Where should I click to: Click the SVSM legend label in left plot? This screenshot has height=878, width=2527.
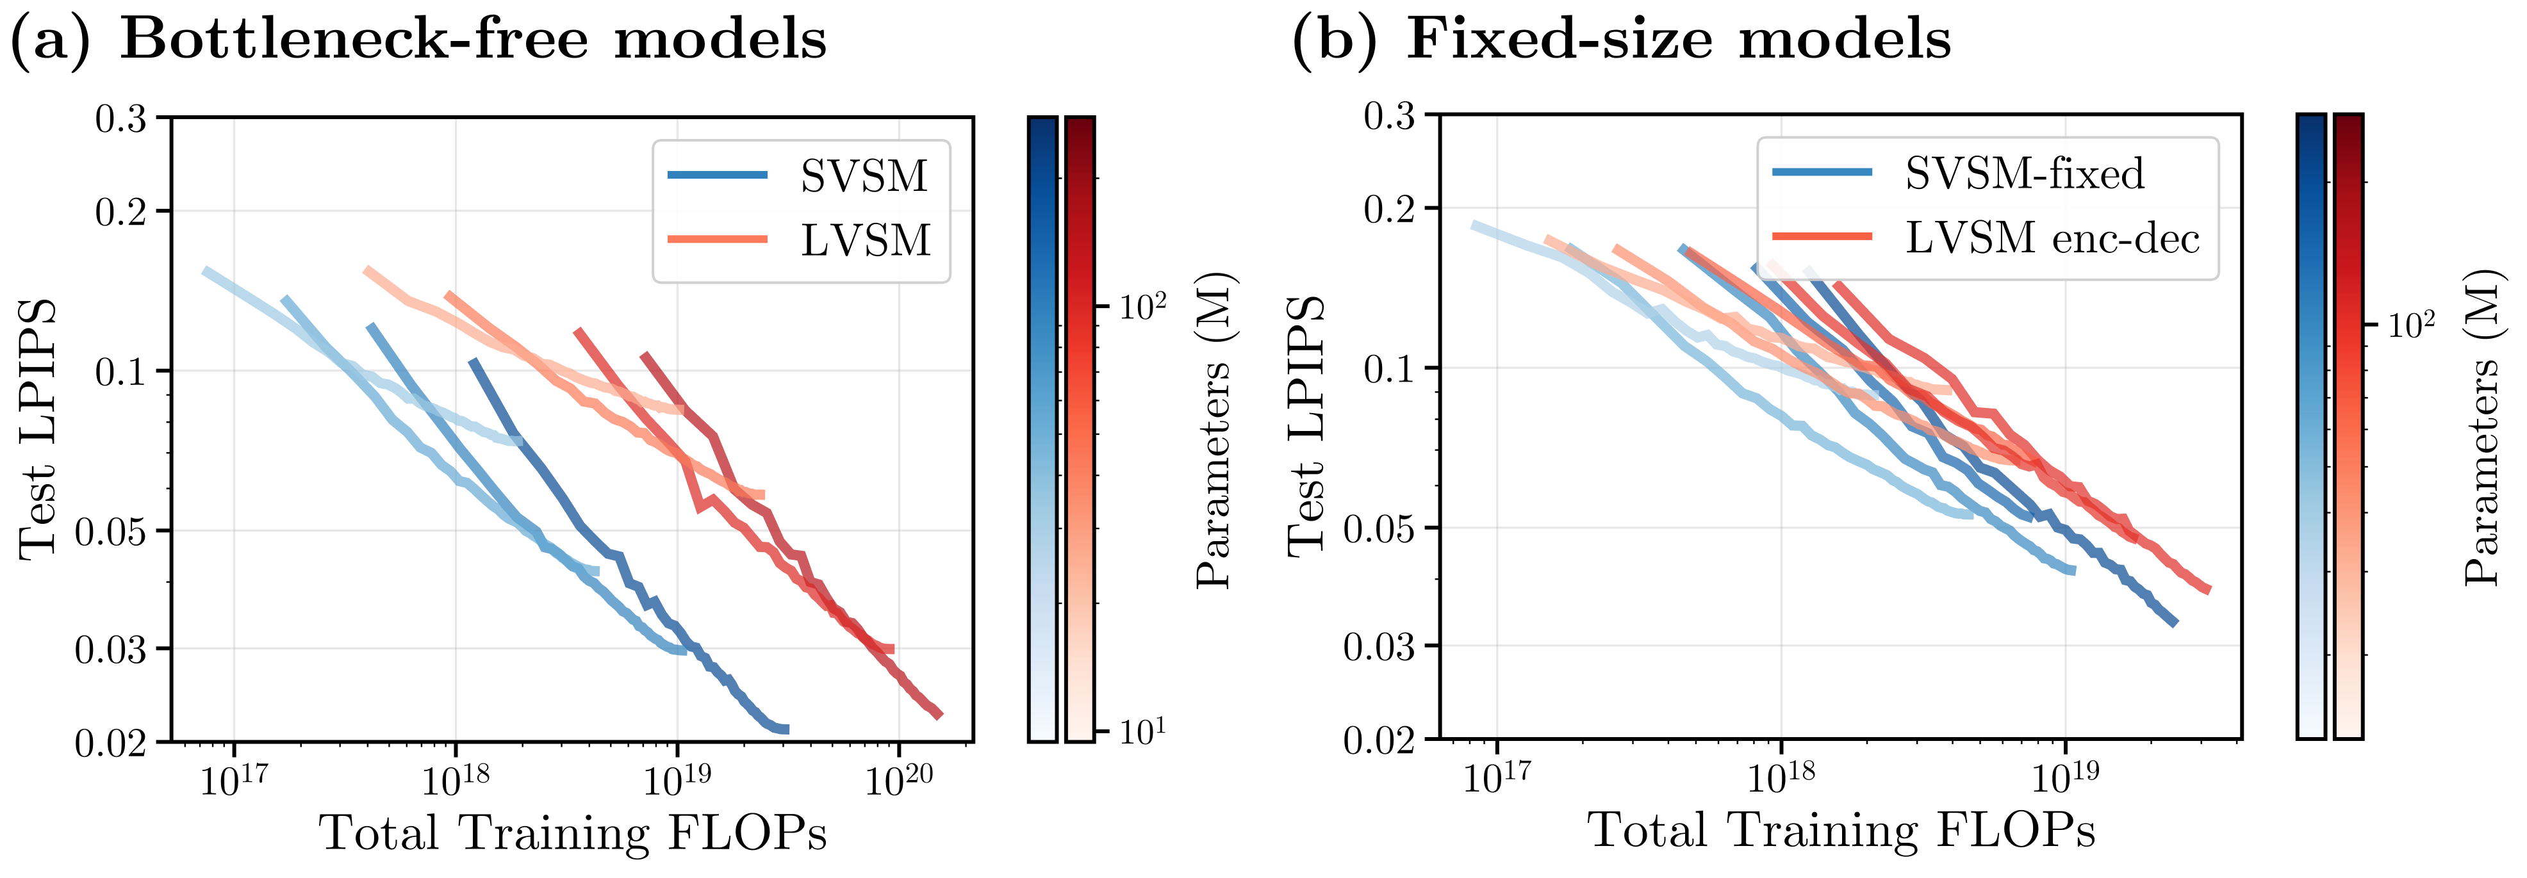(863, 177)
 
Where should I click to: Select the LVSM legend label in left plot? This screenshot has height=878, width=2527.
(865, 240)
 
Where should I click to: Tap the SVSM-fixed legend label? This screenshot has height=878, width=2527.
(2025, 174)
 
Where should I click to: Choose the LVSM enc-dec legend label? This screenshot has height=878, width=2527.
(2052, 238)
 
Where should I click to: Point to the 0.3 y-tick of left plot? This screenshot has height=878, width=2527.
(120, 118)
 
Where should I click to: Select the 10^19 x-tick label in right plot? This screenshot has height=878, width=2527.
(2065, 777)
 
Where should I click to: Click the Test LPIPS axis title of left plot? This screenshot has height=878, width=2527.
(37, 428)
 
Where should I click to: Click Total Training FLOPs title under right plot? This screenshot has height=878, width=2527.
(1840, 830)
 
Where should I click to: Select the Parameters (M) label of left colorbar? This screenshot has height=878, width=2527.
(1214, 428)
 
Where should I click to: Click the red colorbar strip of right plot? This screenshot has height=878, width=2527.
(2348, 426)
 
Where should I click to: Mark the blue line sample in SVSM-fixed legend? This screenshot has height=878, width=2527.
(1822, 173)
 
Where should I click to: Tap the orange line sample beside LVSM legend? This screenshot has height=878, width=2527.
(717, 238)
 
